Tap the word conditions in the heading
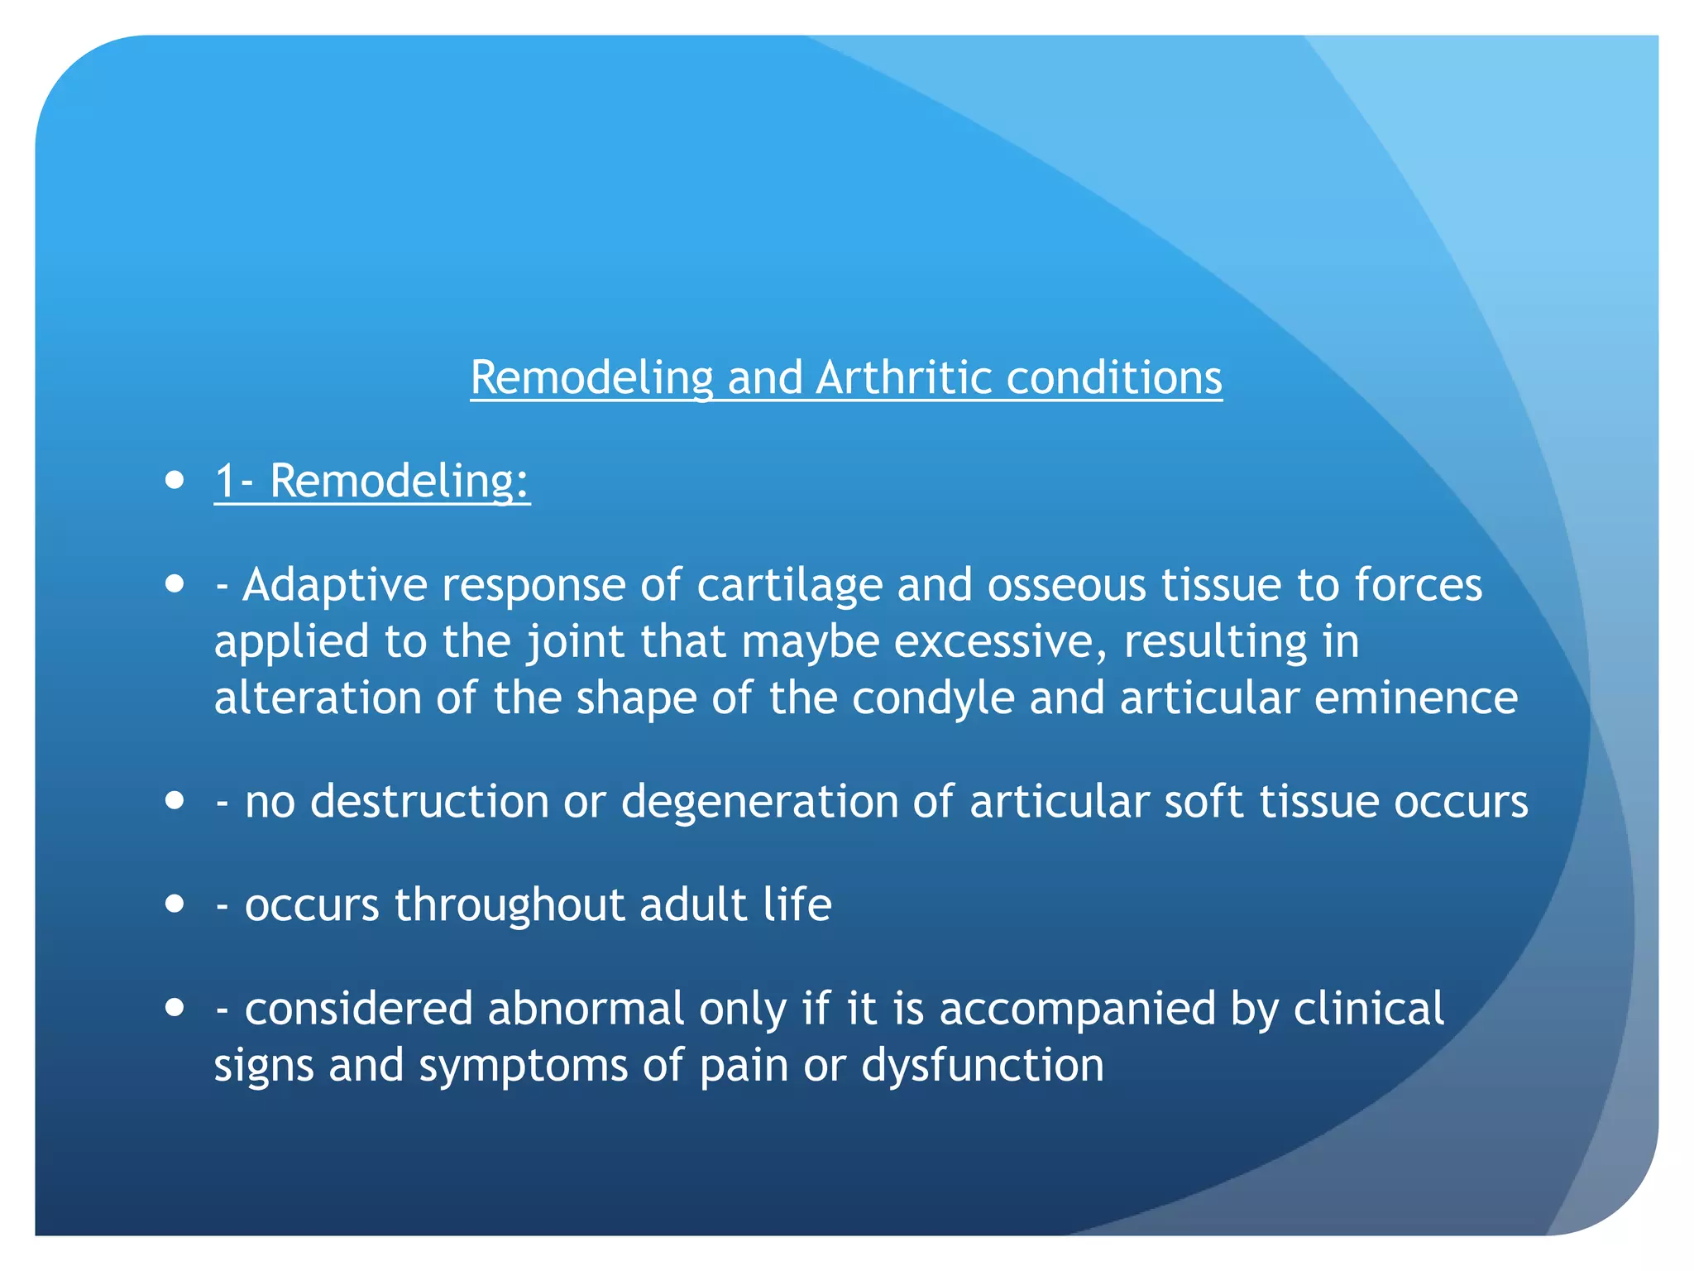pos(1113,378)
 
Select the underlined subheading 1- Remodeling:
pos(372,481)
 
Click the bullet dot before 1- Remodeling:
pos(175,481)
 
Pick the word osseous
pos(1066,585)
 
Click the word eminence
pos(1415,698)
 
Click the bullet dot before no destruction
pos(175,801)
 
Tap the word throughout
pos(510,904)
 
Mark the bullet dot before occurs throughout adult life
pos(175,904)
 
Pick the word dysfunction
pos(982,1065)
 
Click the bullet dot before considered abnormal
pos(175,1009)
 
